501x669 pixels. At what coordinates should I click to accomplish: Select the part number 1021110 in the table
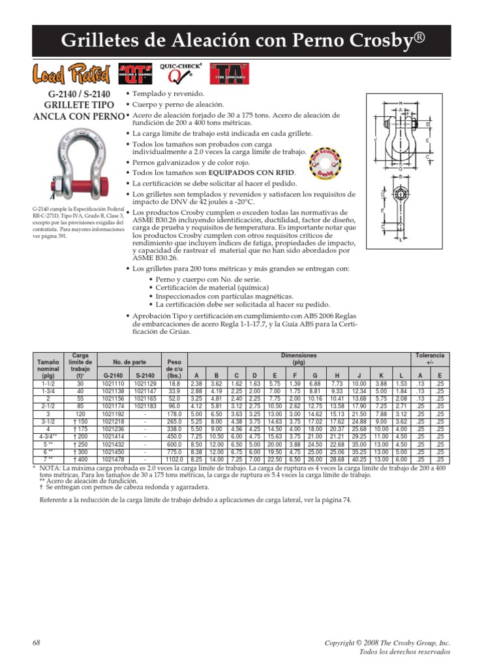[x=113, y=384]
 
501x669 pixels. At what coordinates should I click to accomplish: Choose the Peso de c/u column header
[x=175, y=368]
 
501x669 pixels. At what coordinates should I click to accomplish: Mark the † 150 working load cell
[x=81, y=423]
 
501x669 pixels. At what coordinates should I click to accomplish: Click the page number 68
[x=37, y=644]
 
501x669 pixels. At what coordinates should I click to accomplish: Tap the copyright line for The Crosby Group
[x=396, y=644]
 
